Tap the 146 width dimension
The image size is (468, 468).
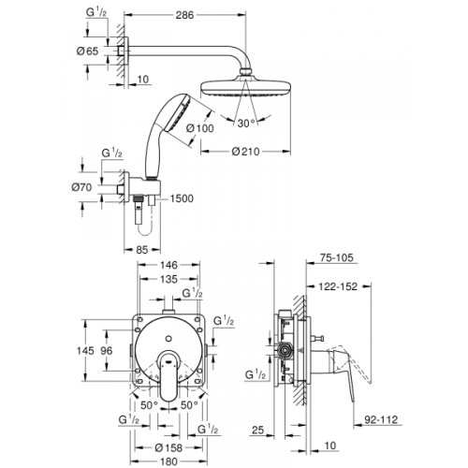pos(169,266)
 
